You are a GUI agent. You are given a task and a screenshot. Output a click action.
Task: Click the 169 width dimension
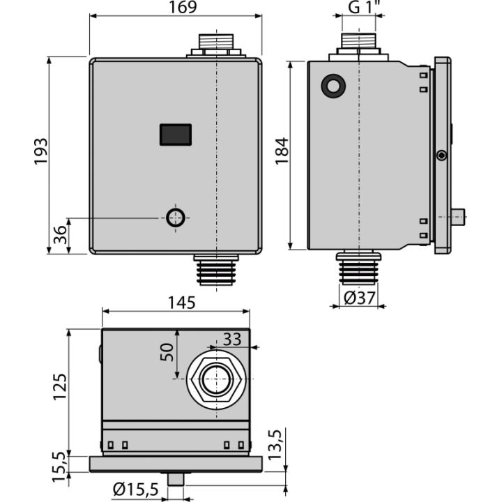pos(183,7)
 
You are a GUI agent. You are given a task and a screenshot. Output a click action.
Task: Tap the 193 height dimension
pos(41,152)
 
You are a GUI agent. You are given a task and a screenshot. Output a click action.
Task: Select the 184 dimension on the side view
pos(282,151)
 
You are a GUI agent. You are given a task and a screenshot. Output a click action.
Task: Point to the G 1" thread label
pos(363,7)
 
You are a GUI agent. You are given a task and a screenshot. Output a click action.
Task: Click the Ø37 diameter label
pos(359,298)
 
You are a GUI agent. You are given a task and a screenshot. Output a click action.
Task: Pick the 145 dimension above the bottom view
pos(181,303)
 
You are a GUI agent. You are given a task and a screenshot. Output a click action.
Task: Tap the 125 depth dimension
pos(60,387)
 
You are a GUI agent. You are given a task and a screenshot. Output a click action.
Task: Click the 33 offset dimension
pos(231,340)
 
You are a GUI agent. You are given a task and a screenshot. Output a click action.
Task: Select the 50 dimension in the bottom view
pos(167,352)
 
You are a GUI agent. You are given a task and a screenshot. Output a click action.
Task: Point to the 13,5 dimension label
pos(275,445)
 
